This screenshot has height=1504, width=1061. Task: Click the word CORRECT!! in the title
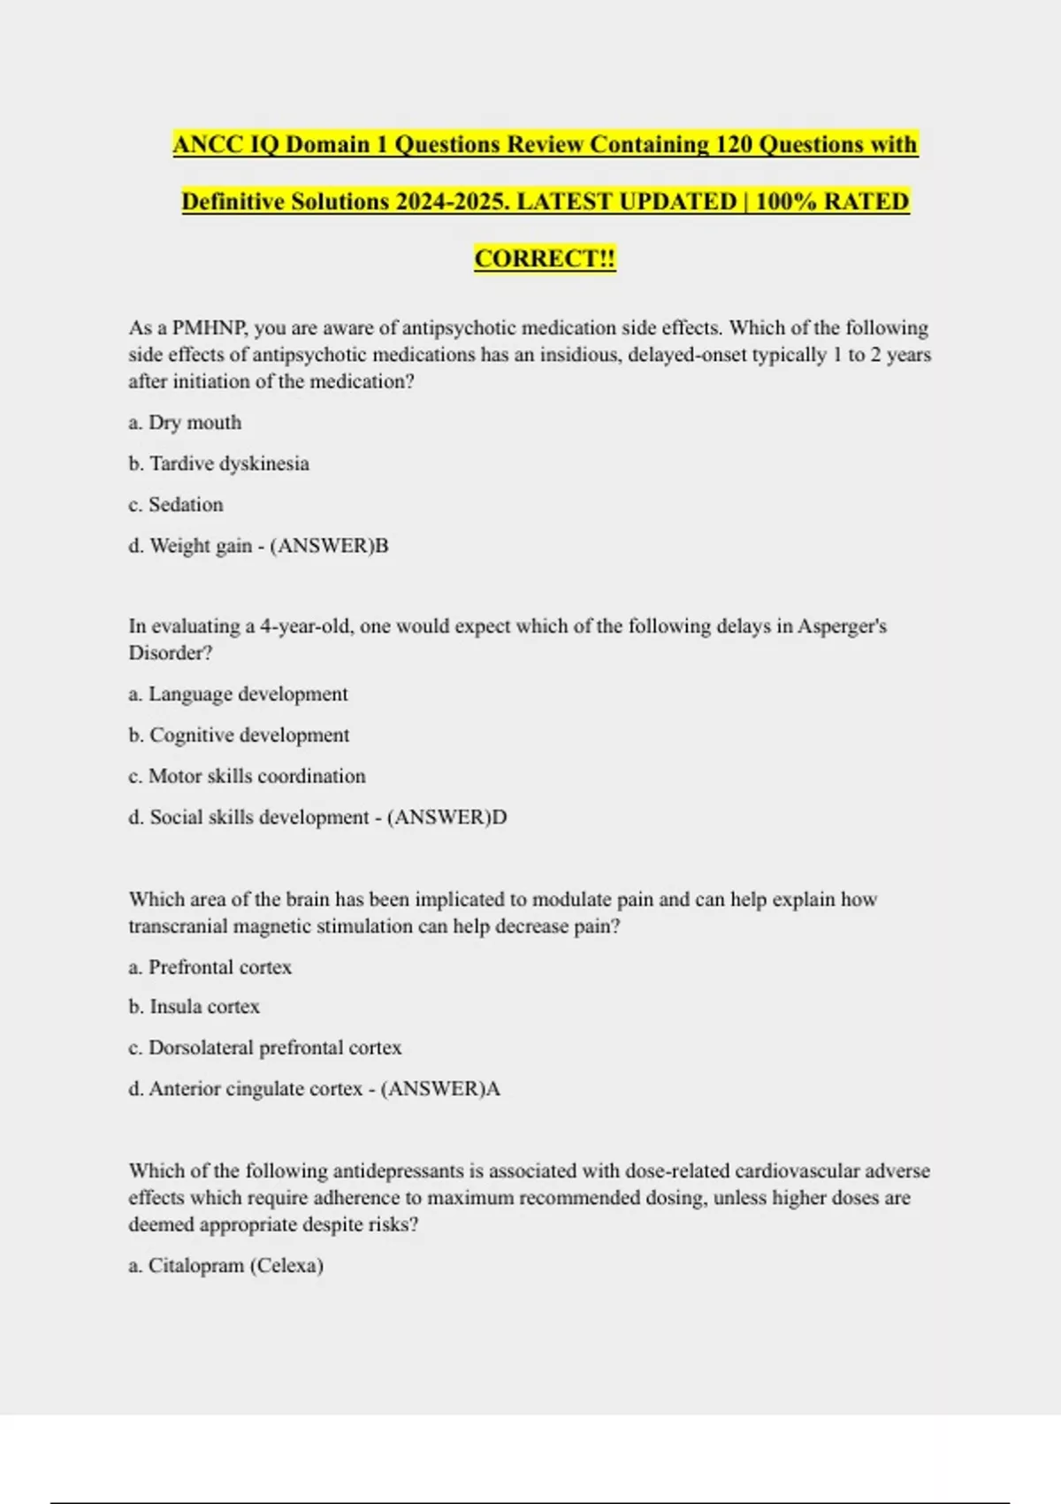point(545,258)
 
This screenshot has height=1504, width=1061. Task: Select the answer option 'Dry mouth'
point(195,423)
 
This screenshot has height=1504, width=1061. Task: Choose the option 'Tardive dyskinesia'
point(229,464)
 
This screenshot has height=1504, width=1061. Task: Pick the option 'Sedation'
point(186,504)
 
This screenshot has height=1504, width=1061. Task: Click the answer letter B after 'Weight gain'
point(382,546)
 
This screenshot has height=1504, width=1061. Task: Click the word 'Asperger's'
point(842,626)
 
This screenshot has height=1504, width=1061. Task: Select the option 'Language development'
point(248,694)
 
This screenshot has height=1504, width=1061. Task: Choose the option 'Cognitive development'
point(248,735)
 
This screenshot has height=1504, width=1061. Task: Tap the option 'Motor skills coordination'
point(256,776)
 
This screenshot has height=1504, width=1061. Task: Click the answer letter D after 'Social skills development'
point(500,817)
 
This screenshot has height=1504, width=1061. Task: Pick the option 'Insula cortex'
point(204,1007)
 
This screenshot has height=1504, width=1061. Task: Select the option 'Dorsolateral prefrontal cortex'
point(274,1047)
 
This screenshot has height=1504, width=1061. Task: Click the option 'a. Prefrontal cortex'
point(210,967)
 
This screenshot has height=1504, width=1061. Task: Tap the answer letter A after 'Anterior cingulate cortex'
point(493,1089)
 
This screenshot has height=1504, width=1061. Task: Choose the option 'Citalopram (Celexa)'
point(235,1266)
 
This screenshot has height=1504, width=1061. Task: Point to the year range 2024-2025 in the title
point(452,202)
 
